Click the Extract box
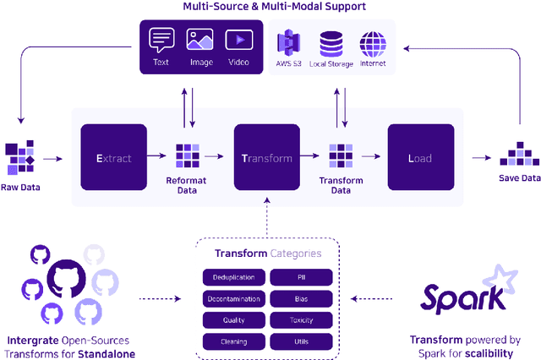tap(113, 157)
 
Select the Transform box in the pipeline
tap(267, 157)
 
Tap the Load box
tap(421, 157)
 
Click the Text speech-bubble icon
tap(161, 39)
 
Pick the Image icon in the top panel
tap(199, 39)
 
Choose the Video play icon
tap(238, 39)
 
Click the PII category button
tap(301, 277)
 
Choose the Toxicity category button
tap(301, 320)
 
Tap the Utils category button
tap(301, 341)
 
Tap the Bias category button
tap(301, 299)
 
